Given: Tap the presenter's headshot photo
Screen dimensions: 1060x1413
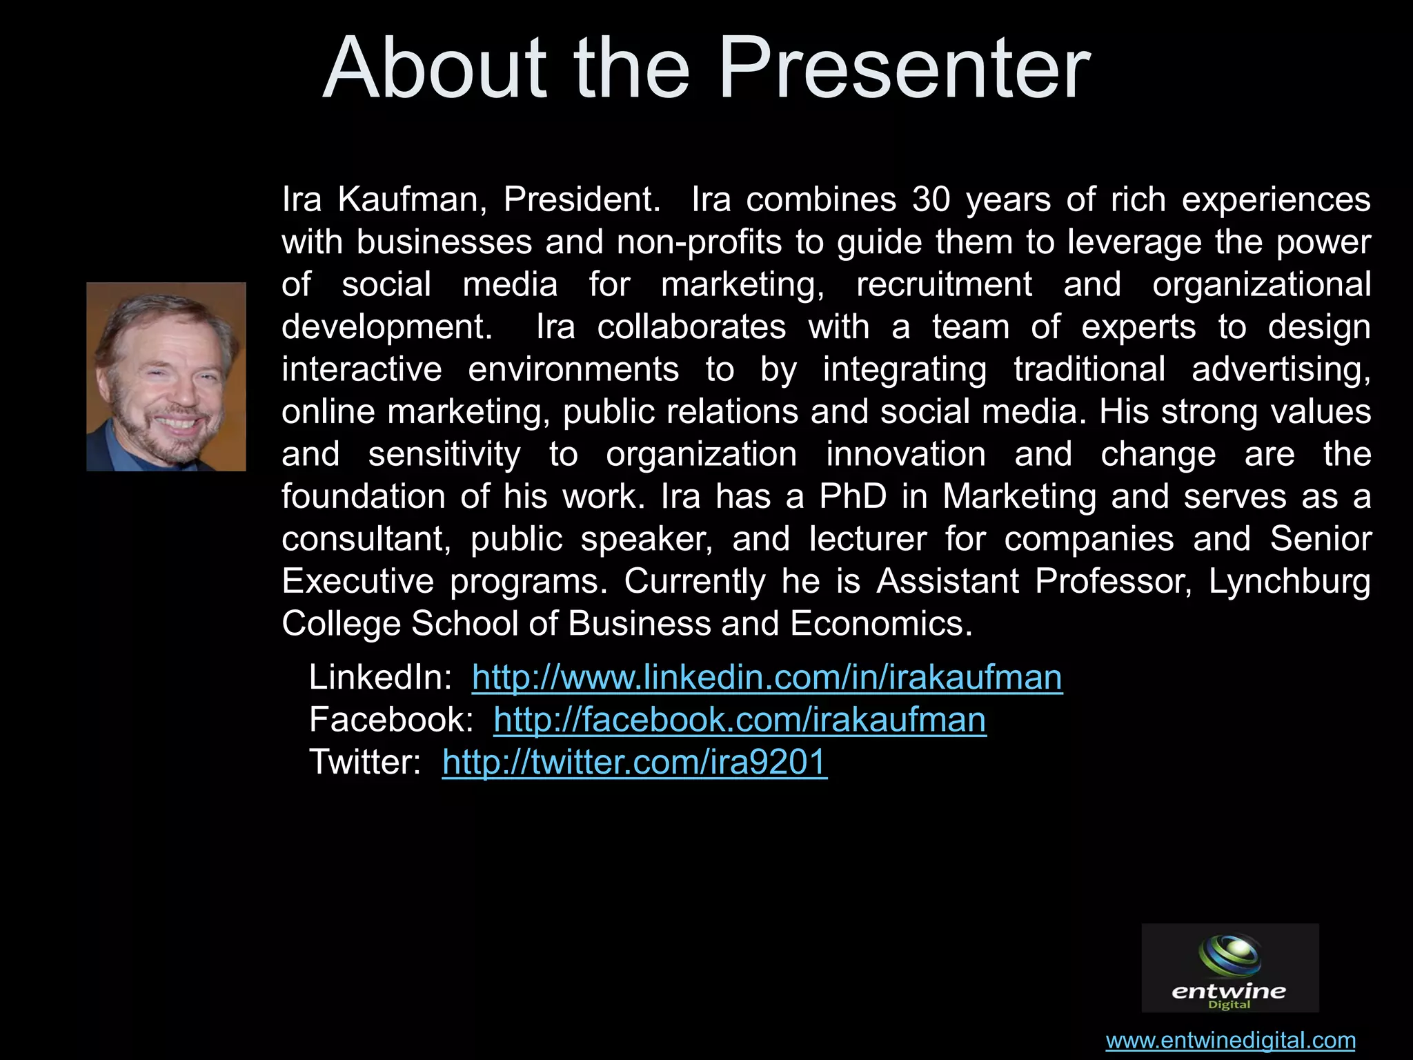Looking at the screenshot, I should point(166,377).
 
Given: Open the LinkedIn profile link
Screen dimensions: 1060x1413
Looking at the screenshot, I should point(767,678).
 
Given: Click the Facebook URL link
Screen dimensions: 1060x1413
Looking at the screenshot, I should point(740,720).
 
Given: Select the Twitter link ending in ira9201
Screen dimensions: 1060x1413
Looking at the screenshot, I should point(635,763).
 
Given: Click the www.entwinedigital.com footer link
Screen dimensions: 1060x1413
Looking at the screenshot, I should point(1231,1040).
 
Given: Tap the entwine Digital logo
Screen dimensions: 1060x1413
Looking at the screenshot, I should point(1230,968).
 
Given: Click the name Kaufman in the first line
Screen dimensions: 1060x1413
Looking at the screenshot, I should point(412,200).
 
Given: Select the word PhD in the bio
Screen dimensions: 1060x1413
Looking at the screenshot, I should point(853,497).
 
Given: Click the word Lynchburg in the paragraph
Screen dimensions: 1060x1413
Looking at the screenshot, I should point(1290,582).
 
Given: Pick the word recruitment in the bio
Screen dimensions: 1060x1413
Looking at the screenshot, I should point(944,285).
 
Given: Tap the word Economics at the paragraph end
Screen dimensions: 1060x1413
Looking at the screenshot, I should point(880,624).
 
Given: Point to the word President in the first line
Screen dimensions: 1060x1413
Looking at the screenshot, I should point(581,200).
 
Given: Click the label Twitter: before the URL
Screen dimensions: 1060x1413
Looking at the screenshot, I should point(365,763).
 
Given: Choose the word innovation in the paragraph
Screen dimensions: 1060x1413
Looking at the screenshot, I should point(906,455).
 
